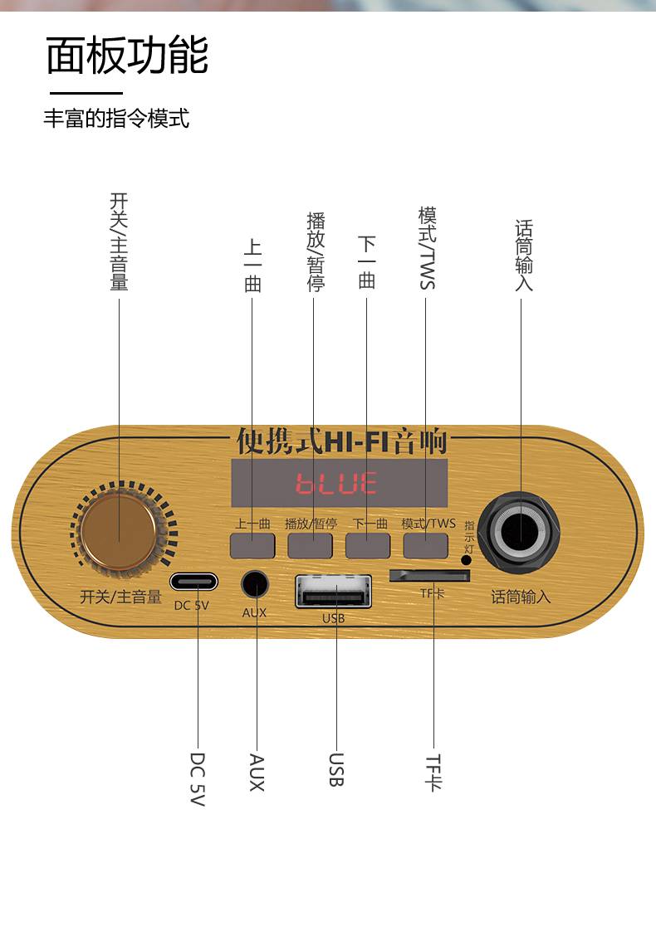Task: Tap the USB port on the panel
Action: pos(333,592)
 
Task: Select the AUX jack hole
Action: pos(256,584)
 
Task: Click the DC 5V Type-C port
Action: pos(194,582)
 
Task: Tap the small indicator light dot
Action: pos(466,559)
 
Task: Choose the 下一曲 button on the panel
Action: pos(368,545)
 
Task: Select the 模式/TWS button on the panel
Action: pos(426,545)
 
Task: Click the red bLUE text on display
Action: pos(337,483)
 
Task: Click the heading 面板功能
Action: pos(127,56)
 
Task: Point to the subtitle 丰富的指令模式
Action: pos(116,119)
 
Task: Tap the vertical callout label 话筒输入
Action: pos(524,256)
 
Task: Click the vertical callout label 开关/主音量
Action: pos(120,241)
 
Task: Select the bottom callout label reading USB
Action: pos(335,770)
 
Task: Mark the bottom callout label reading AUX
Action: pos(257,773)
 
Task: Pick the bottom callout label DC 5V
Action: pos(198,779)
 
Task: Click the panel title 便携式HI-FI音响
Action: pos(341,441)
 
